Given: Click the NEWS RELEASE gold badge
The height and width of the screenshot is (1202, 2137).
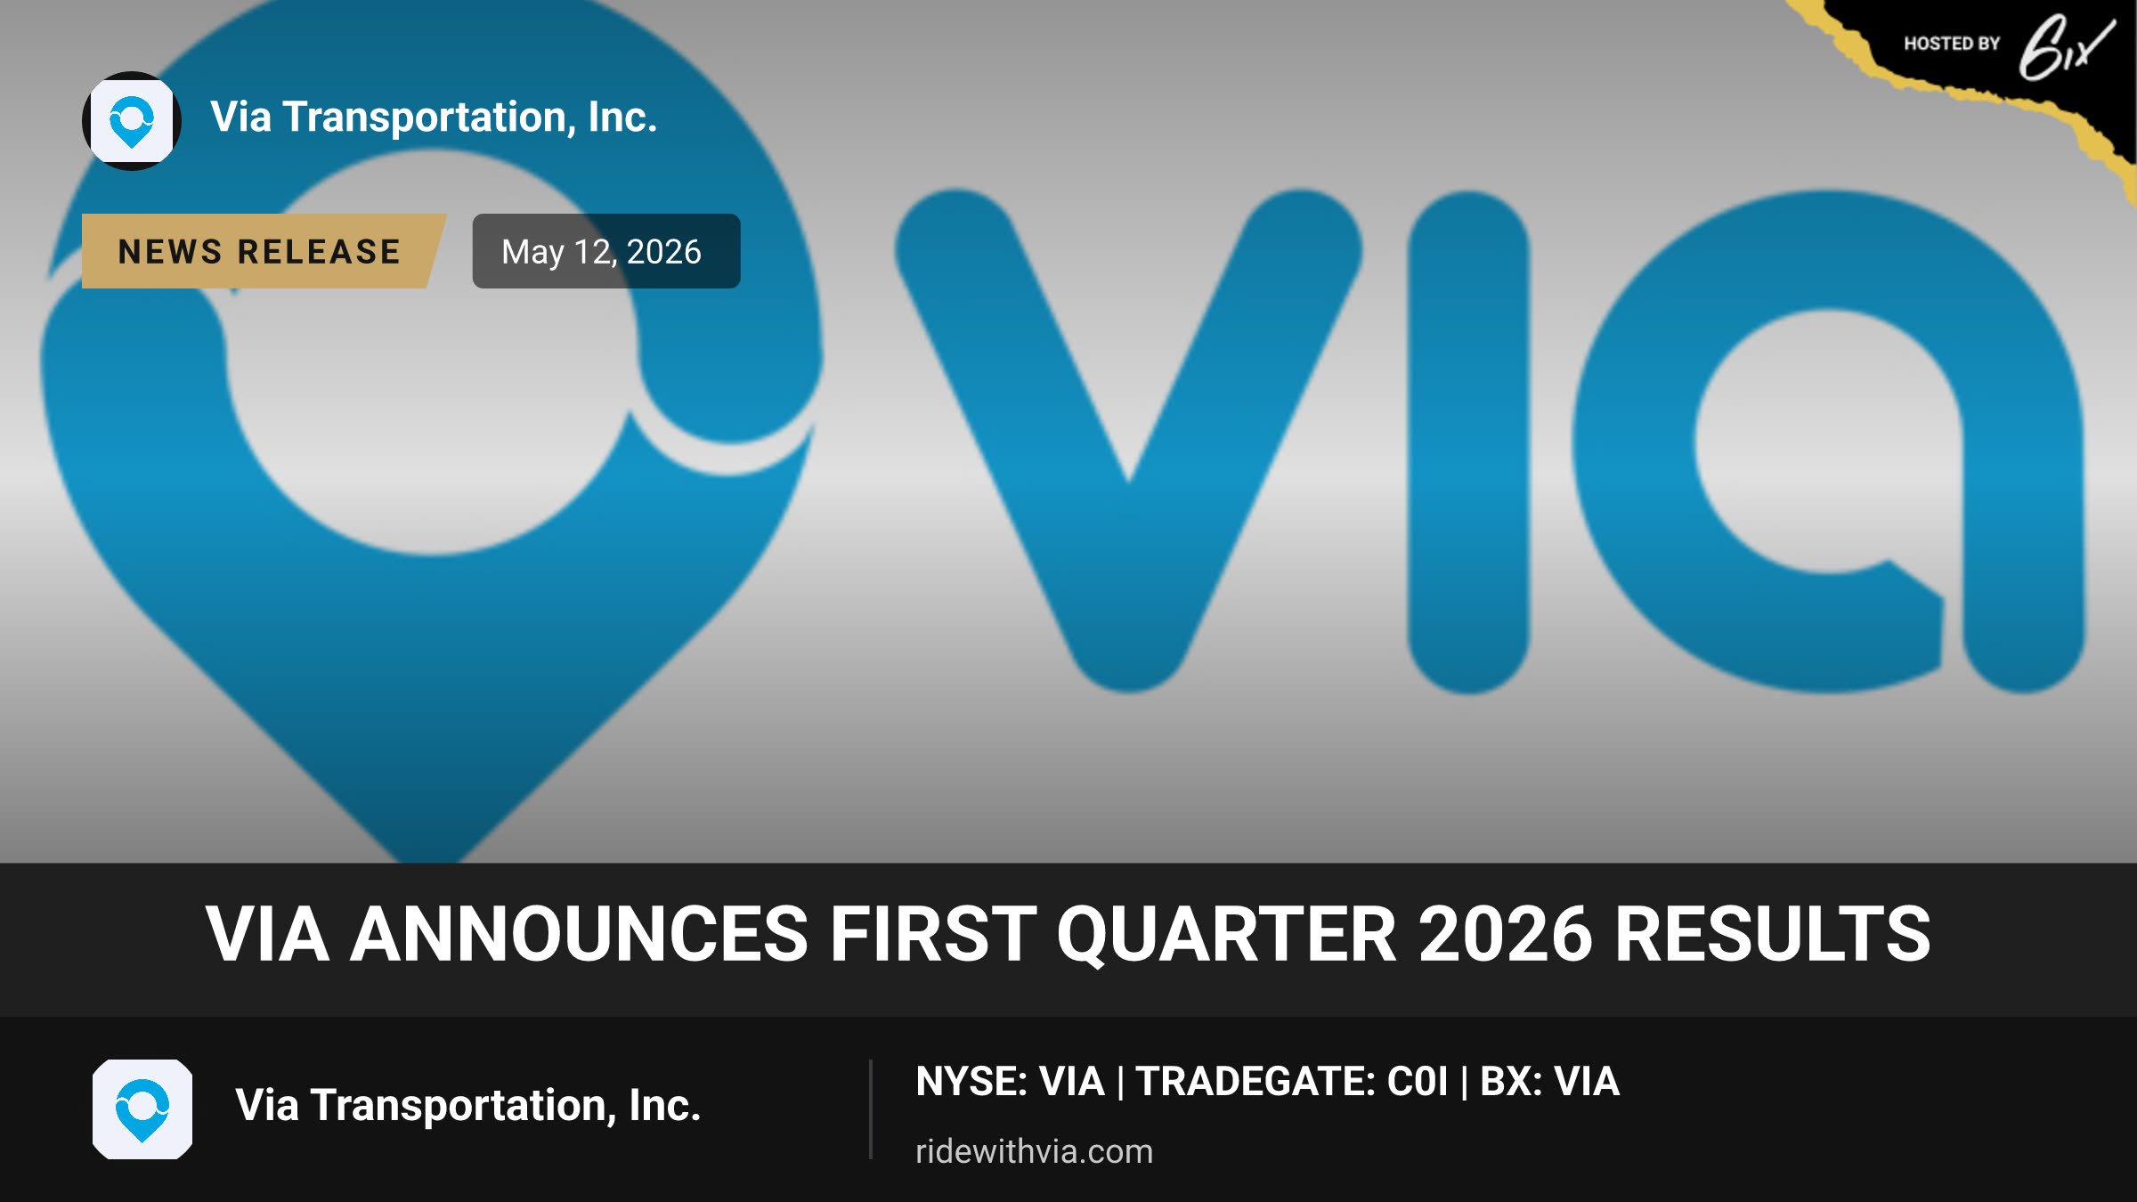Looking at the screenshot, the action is tap(263, 251).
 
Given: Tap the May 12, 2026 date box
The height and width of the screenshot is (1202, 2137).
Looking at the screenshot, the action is tap(606, 251).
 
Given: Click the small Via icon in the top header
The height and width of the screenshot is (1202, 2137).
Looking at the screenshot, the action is tap(132, 121).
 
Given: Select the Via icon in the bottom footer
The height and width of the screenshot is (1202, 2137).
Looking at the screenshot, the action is tap(142, 1109).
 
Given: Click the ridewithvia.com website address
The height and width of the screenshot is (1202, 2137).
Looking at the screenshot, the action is tap(1035, 1151).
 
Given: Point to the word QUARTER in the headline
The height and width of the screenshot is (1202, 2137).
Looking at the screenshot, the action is tap(1227, 935).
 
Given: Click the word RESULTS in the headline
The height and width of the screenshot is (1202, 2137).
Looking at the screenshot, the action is tap(1773, 934).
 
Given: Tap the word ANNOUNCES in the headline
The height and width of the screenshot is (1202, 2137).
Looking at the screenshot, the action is tap(579, 934).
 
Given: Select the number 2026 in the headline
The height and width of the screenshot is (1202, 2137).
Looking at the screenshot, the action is tap(1506, 934).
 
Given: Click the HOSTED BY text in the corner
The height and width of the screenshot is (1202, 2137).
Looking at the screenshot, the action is tap(1952, 44).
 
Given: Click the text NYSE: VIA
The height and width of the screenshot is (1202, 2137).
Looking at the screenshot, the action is tap(1011, 1082).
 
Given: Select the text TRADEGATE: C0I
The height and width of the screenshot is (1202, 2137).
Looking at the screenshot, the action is tap(1293, 1082).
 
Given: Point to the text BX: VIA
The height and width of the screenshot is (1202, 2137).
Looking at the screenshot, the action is tap(1550, 1082).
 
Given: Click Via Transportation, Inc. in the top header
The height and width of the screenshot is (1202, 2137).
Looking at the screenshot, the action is tap(434, 118).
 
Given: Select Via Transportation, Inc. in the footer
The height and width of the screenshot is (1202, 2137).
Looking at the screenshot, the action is tap(468, 1106).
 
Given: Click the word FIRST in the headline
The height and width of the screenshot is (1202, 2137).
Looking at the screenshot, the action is tap(933, 934).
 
